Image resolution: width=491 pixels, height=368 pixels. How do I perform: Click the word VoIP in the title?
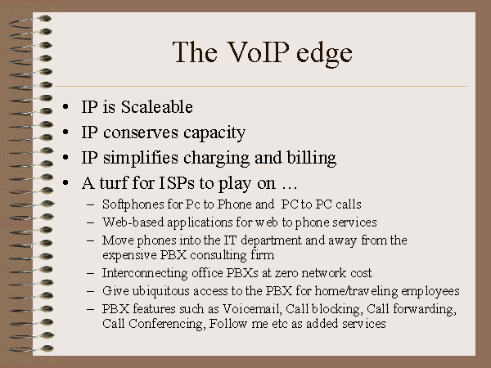258,52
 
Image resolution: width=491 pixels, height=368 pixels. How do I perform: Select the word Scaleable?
157,106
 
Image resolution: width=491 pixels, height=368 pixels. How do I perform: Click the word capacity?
214,133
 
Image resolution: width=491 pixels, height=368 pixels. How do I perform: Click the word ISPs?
177,183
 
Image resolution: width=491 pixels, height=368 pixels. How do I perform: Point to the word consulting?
218,255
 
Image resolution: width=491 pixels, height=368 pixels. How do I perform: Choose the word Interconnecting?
145,273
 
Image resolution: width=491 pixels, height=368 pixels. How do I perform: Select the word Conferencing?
167,324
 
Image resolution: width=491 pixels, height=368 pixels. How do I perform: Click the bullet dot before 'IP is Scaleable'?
65,106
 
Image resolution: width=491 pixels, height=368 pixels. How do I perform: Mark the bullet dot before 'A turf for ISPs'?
65,182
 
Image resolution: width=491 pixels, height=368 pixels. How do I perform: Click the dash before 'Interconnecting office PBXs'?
91,273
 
